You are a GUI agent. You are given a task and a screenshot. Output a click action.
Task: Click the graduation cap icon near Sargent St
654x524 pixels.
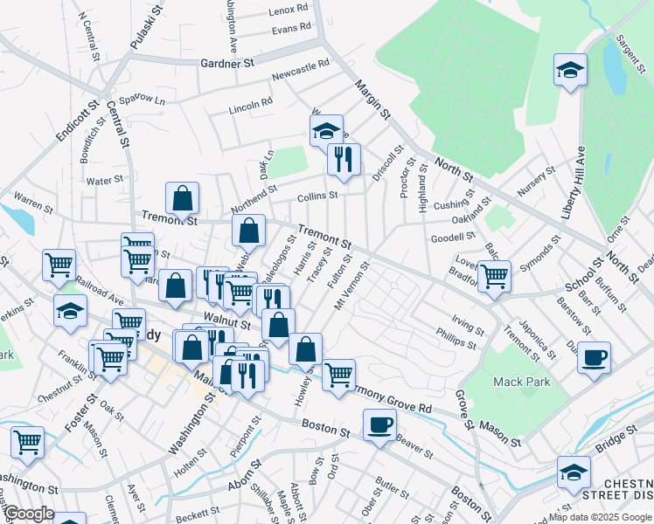coord(570,70)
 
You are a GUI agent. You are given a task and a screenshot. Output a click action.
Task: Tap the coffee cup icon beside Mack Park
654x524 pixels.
coord(594,358)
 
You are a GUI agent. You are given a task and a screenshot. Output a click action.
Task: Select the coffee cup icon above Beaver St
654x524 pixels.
coord(379,425)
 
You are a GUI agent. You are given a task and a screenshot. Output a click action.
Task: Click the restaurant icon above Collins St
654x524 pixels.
coord(343,160)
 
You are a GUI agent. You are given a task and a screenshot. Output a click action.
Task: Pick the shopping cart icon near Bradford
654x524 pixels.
coord(494,277)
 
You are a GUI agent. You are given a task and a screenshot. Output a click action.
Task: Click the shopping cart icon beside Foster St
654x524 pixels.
coord(27,443)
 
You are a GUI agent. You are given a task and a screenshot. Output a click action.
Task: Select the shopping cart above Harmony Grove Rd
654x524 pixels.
coord(338,376)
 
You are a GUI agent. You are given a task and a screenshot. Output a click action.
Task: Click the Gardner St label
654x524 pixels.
coord(226,64)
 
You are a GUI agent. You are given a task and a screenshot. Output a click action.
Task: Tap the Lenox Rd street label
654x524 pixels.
coord(289,9)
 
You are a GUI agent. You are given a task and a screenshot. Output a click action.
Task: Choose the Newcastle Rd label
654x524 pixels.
coord(300,71)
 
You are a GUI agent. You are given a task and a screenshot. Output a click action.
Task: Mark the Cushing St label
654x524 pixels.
coord(451,204)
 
